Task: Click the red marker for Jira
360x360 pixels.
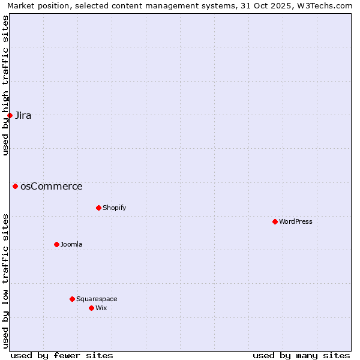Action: click(10, 115)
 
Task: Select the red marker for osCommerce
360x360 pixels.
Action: click(15, 186)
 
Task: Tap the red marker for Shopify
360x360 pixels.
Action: click(98, 208)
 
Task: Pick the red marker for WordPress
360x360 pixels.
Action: click(275, 221)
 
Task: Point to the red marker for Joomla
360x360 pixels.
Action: click(56, 244)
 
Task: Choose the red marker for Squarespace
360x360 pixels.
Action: click(72, 299)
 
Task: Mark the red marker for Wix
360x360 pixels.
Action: click(91, 308)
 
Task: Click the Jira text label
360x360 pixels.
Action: click(23, 116)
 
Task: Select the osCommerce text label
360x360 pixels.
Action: click(52, 187)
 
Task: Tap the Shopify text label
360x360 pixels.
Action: click(115, 208)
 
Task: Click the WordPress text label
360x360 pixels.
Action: click(296, 222)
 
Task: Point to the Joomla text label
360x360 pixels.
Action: click(71, 245)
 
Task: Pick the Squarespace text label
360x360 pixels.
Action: click(97, 299)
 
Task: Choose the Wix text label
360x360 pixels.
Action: click(101, 308)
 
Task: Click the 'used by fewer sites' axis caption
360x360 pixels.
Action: click(62, 355)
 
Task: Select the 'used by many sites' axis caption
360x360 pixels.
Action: click(301, 355)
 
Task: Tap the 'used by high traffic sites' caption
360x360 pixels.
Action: click(5, 85)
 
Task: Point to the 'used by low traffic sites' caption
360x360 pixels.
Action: click(5, 281)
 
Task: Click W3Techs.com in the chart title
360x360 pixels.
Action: click(326, 5)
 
